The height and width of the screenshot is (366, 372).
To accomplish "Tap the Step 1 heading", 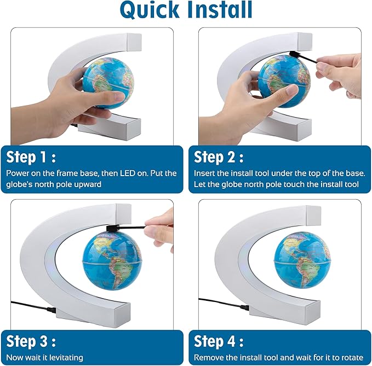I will pyautogui.click(x=31, y=158).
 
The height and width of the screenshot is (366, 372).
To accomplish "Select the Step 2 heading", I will pyautogui.click(x=219, y=158).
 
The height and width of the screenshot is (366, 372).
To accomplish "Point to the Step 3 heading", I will pyautogui.click(x=31, y=342).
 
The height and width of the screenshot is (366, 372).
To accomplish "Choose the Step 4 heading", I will pyautogui.click(x=219, y=342).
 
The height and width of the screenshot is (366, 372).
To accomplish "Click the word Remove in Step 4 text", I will pyautogui.click(x=209, y=357).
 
